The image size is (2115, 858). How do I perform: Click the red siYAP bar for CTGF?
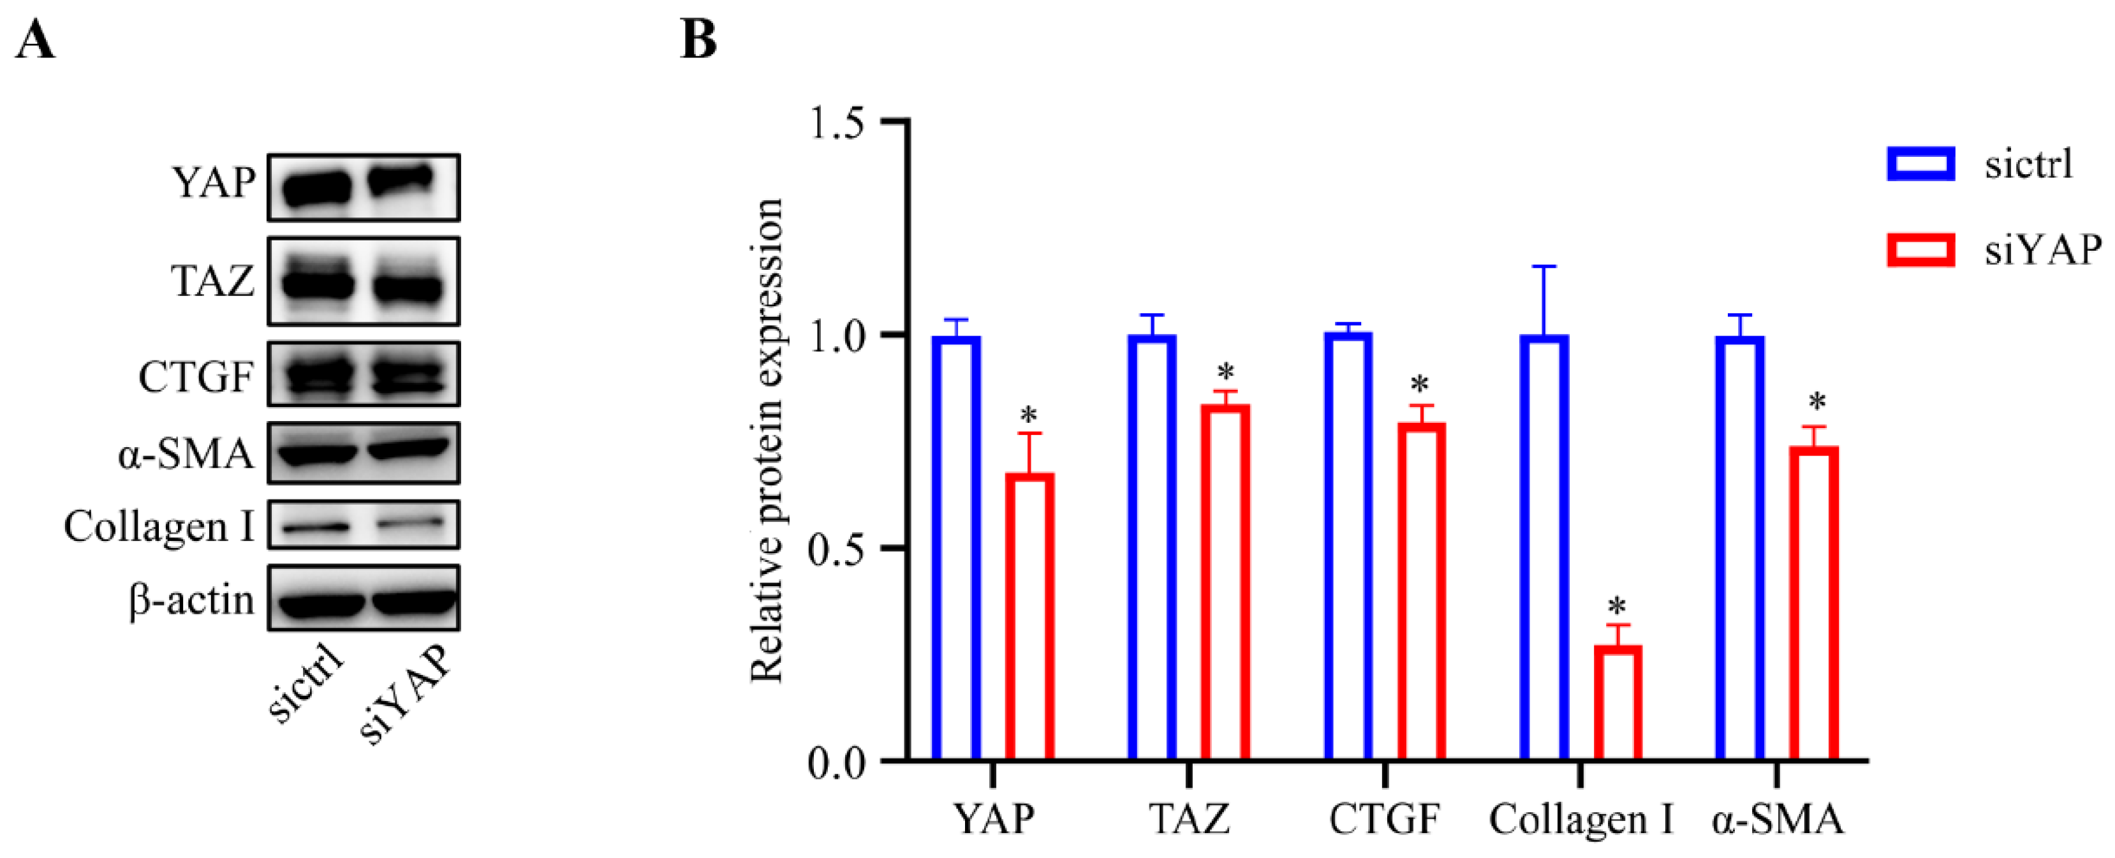pyautogui.click(x=1421, y=591)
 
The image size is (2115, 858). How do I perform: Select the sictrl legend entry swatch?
pyautogui.click(x=1920, y=163)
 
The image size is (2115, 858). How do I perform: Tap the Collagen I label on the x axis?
pyautogui.click(x=1581, y=820)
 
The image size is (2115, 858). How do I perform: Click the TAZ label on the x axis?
pyautogui.click(x=1189, y=820)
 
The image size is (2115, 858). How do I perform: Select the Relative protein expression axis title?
pyautogui.click(x=768, y=440)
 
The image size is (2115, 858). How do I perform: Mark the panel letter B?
pyautogui.click(x=698, y=40)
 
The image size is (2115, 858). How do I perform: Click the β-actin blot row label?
pyautogui.click(x=192, y=600)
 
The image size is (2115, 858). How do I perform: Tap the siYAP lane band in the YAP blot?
pyautogui.click(x=400, y=180)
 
